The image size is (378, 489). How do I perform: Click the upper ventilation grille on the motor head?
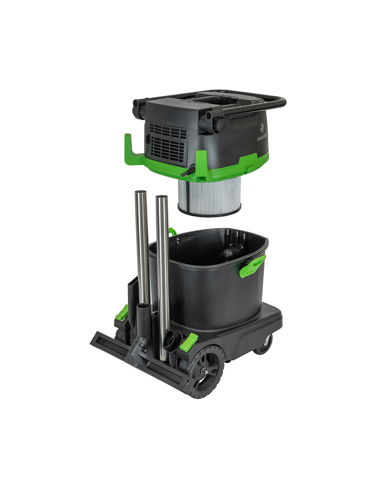click(168, 130)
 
